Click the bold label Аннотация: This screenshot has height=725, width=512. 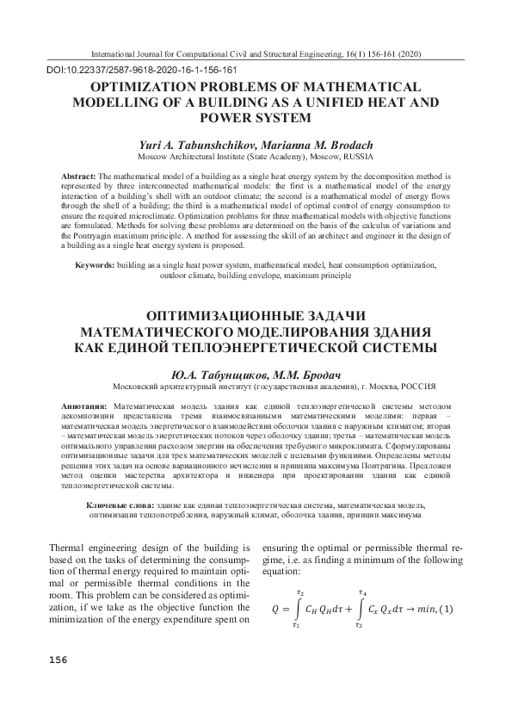pyautogui.click(x=84, y=405)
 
